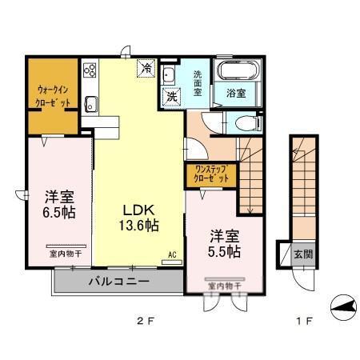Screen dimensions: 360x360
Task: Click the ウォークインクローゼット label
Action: [x=52, y=96]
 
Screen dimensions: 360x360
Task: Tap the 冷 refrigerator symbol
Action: [x=146, y=70]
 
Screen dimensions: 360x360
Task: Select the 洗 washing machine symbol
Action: [x=171, y=95]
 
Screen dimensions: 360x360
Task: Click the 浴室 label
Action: [x=234, y=93]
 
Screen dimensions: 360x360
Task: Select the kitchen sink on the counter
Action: [x=90, y=102]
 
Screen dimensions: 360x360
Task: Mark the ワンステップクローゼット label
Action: [x=210, y=174]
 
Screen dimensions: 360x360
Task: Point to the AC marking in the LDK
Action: [x=171, y=256]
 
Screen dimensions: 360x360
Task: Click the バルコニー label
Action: [x=118, y=282]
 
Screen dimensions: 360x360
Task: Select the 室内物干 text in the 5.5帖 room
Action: [x=224, y=285]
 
